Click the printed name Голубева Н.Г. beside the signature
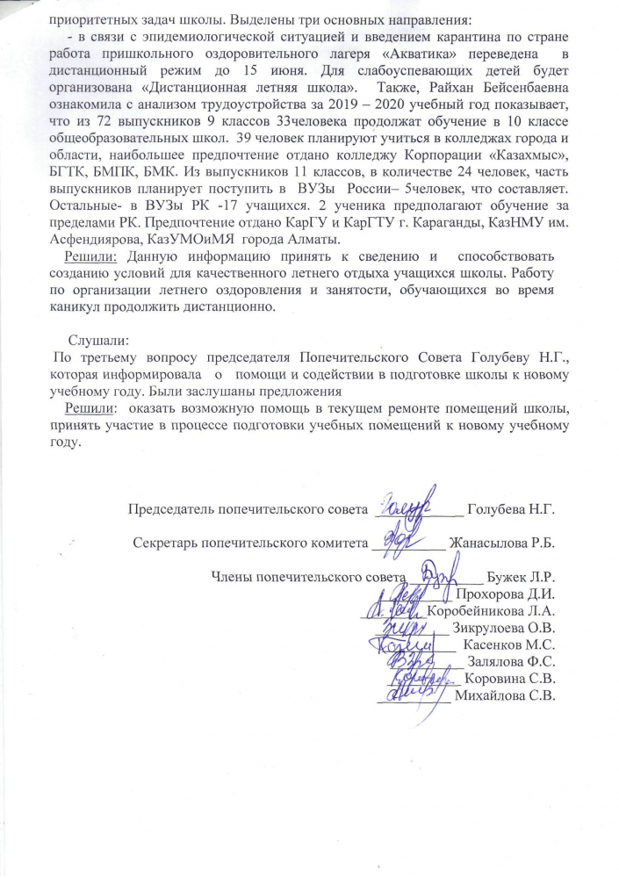coord(512,509)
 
